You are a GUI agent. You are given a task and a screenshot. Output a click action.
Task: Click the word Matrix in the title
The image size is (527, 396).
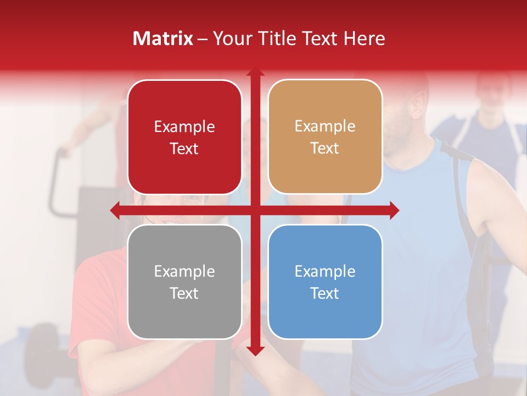pyautogui.click(x=162, y=38)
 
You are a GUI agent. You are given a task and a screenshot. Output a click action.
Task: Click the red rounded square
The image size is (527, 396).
pyautogui.click(x=184, y=137)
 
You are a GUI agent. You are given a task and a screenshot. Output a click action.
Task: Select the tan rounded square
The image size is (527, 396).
pyautogui.click(x=325, y=137)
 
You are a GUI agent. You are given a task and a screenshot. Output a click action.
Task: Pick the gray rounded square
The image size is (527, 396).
pyautogui.click(x=184, y=282)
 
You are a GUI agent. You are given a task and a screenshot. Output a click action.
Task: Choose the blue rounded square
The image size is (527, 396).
pyautogui.click(x=325, y=282)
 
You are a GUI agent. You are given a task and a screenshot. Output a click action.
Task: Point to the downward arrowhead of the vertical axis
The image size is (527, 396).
pyautogui.click(x=255, y=350)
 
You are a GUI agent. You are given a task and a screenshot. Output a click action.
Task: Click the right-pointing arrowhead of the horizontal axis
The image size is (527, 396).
pyautogui.click(x=394, y=210)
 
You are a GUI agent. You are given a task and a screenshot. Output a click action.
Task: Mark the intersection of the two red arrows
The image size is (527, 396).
pyautogui.click(x=255, y=210)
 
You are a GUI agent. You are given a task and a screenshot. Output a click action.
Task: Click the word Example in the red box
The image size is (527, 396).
pyautogui.click(x=184, y=127)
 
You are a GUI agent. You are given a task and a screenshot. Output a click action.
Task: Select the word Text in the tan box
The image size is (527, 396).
pyautogui.click(x=325, y=148)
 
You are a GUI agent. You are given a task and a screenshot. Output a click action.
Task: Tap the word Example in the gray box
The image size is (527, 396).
pyautogui.click(x=184, y=271)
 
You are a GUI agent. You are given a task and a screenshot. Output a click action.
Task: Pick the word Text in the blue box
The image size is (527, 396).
pyautogui.click(x=325, y=293)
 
